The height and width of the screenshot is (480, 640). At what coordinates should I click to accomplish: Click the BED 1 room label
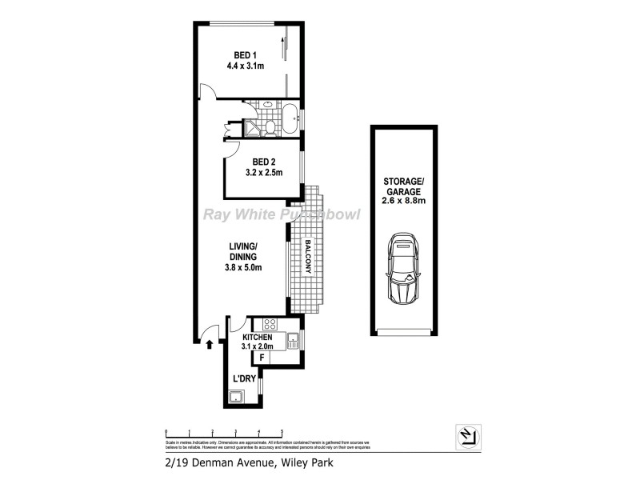[x=244, y=55]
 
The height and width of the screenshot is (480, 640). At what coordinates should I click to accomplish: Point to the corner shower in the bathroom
[x=254, y=127]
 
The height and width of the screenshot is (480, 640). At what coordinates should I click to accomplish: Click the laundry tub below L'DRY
[x=236, y=398]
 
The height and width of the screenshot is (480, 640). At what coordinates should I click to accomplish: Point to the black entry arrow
[x=210, y=345]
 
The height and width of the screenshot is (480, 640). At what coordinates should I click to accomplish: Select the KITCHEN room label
[x=257, y=338]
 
